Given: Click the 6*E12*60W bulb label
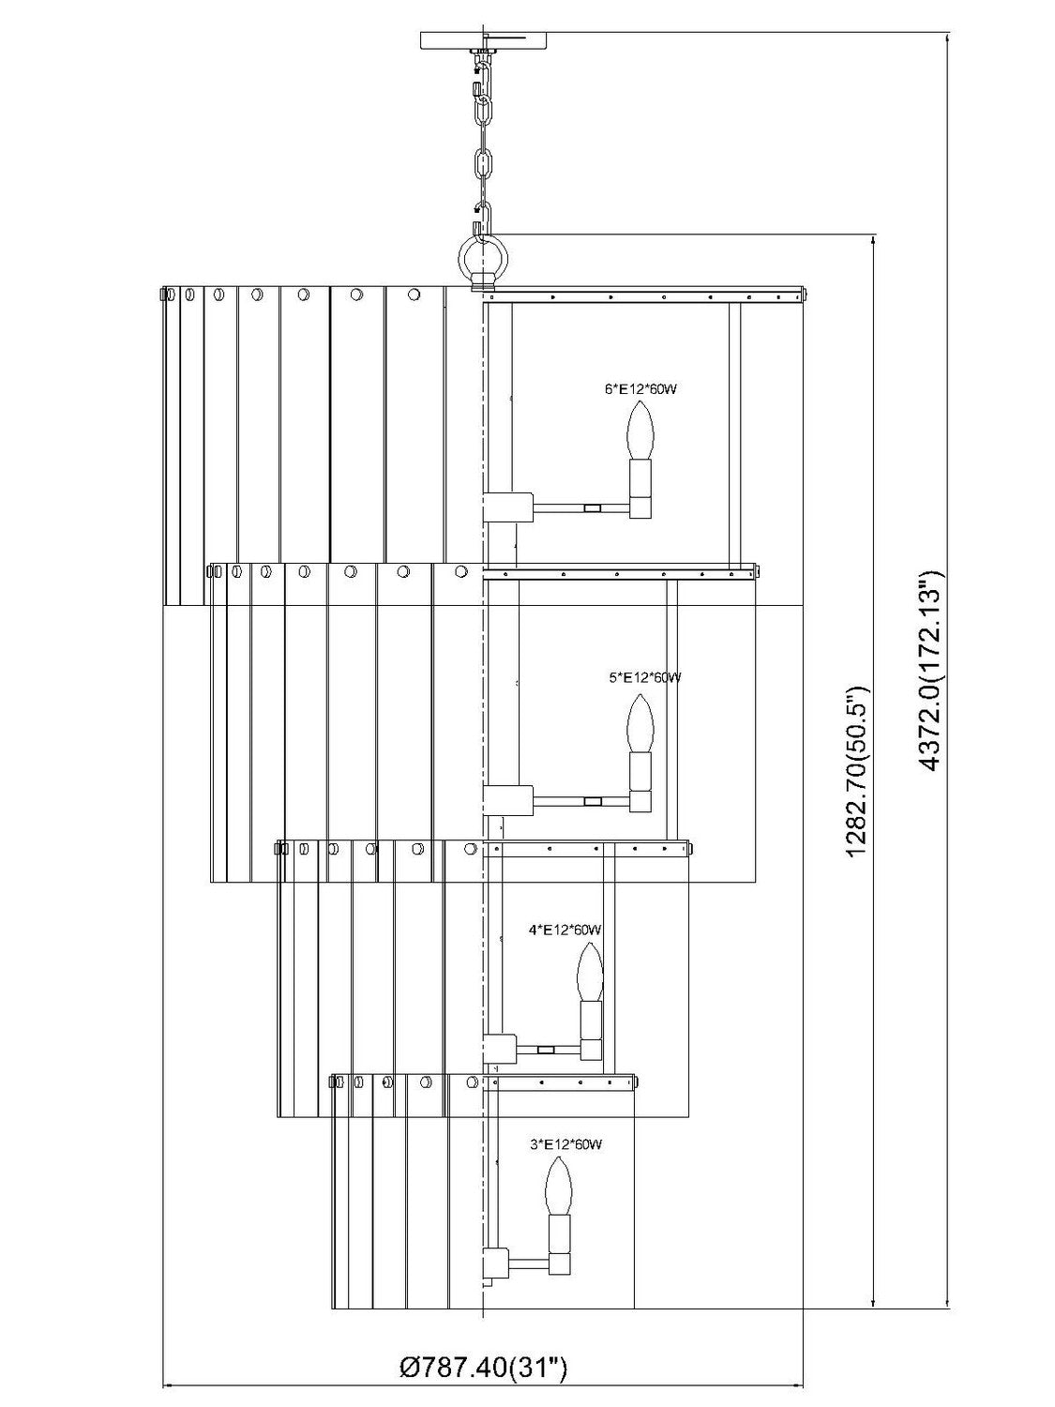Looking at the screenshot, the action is (x=640, y=388).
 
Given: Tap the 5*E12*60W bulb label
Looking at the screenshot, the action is (x=645, y=676).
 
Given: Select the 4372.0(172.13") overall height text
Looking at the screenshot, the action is (x=933, y=669).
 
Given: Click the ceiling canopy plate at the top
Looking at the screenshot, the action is (x=484, y=40).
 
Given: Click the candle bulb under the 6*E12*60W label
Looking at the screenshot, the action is (x=641, y=429).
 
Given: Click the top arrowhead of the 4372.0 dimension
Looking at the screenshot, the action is (x=947, y=38).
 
